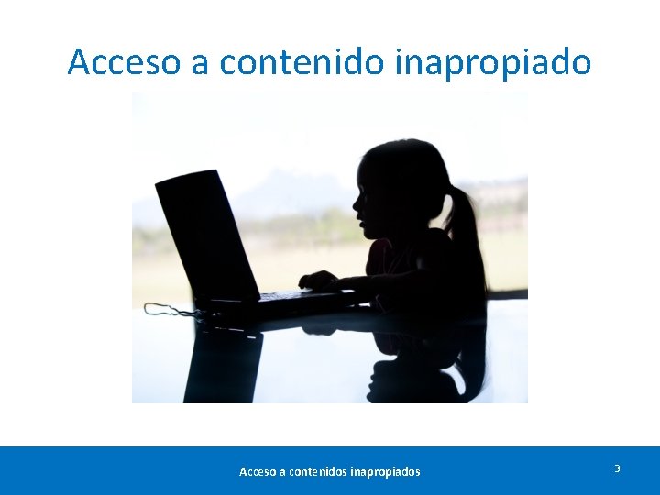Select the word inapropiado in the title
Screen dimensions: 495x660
[493, 62]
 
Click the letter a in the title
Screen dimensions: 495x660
[201, 64]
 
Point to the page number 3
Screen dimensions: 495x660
[617, 468]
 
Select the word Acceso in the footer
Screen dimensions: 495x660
[257, 472]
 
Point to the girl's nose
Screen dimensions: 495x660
[354, 204]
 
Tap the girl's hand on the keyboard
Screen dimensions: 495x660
[319, 280]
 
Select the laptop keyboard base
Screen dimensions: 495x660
[275, 300]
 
